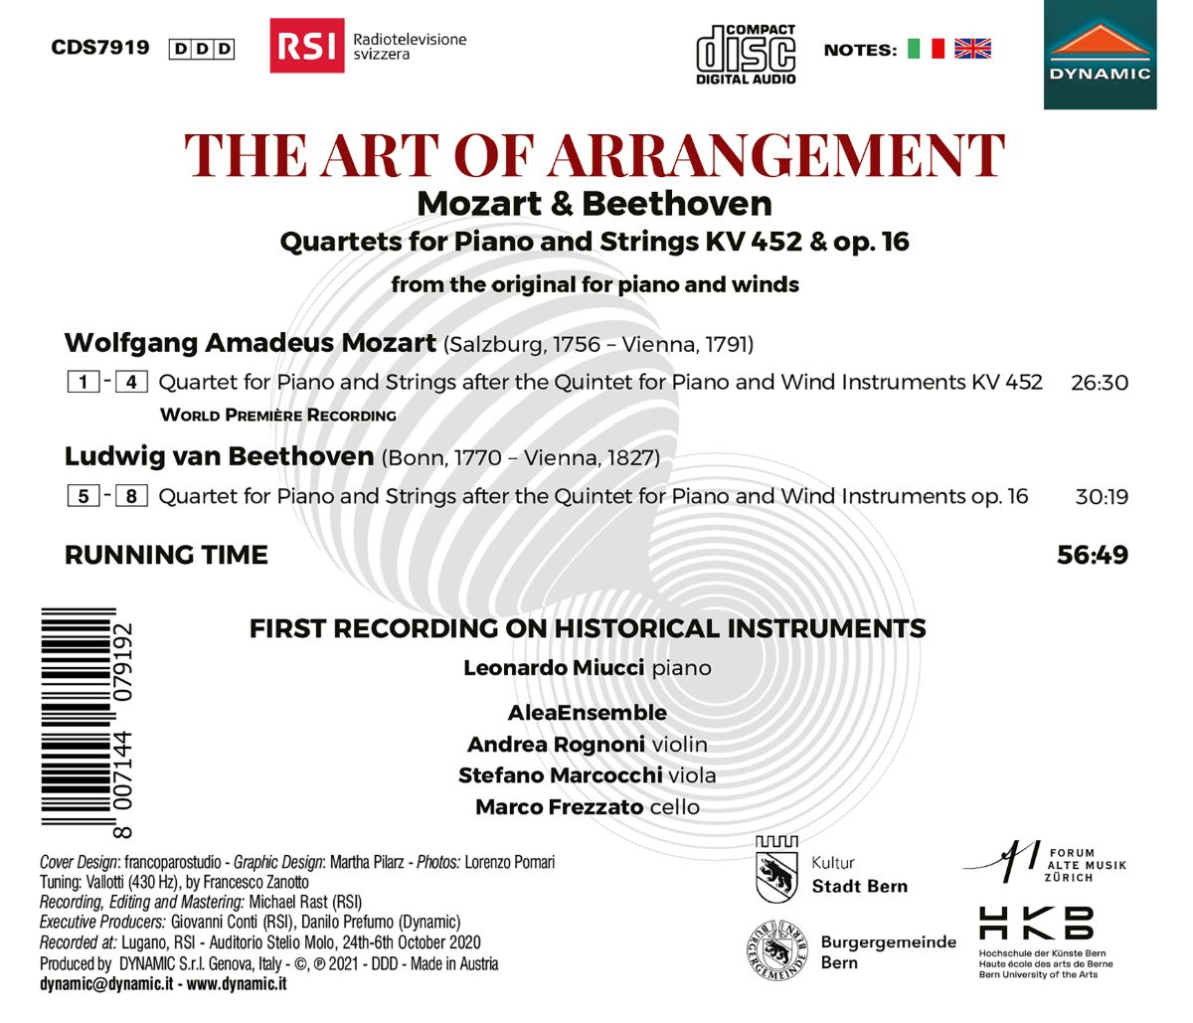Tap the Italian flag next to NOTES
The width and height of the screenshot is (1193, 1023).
[x=926, y=49]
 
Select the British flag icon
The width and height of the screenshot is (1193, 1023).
[x=972, y=49]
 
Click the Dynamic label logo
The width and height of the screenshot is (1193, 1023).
[x=1100, y=55]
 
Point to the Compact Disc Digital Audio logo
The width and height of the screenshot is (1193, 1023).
[x=746, y=54]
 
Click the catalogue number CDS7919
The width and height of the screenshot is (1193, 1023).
[x=99, y=48]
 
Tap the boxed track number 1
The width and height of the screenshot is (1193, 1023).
[x=84, y=382]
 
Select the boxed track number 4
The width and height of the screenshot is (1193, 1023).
[x=131, y=382]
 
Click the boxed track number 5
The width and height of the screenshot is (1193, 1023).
[x=84, y=495]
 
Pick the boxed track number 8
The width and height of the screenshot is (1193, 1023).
[x=131, y=495]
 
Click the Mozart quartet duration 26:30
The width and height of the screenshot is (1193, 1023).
[x=1100, y=383]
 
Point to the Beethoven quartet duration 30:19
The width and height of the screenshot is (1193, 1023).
[x=1102, y=496]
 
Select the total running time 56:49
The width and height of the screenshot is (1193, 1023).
[x=1093, y=555]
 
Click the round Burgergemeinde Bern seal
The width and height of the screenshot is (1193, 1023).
[x=777, y=950]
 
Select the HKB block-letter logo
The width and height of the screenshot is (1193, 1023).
[x=1037, y=924]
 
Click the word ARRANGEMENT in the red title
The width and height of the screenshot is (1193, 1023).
[x=777, y=156]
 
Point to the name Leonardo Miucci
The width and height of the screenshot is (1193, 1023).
[x=554, y=668]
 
